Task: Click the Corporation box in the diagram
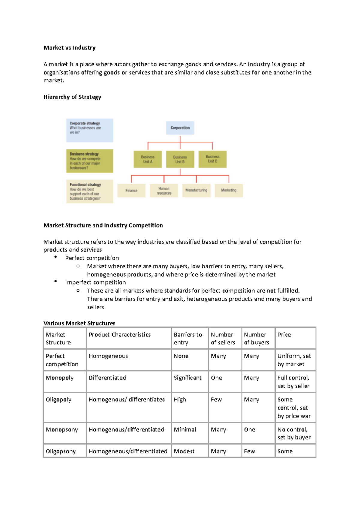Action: (x=180, y=128)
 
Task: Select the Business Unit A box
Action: (x=148, y=159)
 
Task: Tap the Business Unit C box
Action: (x=212, y=159)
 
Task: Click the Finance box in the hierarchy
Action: (x=131, y=191)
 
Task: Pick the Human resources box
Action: (x=164, y=191)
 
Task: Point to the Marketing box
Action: (x=229, y=190)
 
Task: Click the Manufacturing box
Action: (x=196, y=190)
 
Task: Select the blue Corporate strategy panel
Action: (x=89, y=130)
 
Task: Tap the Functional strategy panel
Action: (x=89, y=192)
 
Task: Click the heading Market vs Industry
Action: (x=70, y=48)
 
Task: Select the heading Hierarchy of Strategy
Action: (x=72, y=97)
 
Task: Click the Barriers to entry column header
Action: (x=188, y=338)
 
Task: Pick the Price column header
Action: (x=284, y=335)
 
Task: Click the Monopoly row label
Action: (x=59, y=378)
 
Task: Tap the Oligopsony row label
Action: (x=61, y=451)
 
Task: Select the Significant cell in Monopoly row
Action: (x=187, y=378)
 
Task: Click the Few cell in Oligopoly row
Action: (x=216, y=400)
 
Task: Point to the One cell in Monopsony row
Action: (x=250, y=430)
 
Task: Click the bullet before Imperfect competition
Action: (x=55, y=281)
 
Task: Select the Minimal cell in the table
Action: (x=185, y=430)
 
